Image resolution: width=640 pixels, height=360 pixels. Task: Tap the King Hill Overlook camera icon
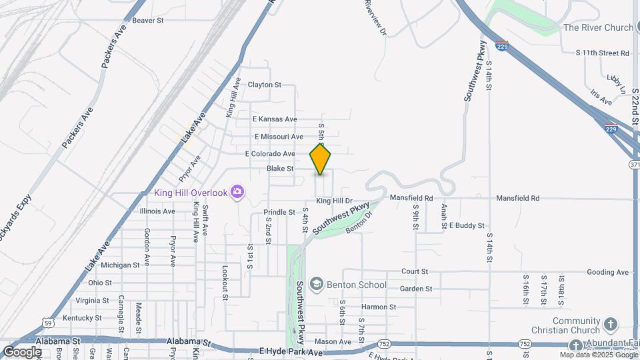tap(237, 193)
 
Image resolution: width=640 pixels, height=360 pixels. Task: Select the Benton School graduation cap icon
tap(316, 285)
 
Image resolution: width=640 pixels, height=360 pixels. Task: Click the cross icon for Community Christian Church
tap(610, 325)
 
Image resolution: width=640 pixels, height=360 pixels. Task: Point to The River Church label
tap(598, 27)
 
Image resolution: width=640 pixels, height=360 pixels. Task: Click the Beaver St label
tap(147, 21)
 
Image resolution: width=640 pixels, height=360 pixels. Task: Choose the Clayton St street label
tap(265, 85)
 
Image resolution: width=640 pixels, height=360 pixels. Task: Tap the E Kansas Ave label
tap(275, 119)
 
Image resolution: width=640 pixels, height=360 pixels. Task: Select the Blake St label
tap(280, 169)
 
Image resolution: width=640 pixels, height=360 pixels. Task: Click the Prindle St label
tap(279, 212)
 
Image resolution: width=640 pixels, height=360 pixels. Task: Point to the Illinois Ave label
tap(157, 211)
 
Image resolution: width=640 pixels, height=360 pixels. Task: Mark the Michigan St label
tap(120, 265)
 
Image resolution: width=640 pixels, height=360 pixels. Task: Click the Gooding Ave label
tap(608, 272)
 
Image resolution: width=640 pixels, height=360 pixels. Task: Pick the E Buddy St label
tap(466, 226)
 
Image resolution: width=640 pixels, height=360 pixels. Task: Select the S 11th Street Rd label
tap(603, 52)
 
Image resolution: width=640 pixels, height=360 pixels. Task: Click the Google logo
tap(21, 351)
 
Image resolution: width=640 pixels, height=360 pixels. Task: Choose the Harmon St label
tap(379, 307)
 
